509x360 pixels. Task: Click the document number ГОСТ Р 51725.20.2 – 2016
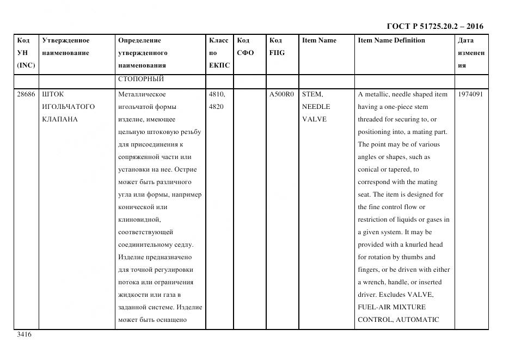[x=435, y=26]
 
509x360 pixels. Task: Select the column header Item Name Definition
[x=391, y=40]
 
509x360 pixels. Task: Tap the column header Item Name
[x=319, y=40]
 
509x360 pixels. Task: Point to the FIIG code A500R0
[x=281, y=94]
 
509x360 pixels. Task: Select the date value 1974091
[x=470, y=94]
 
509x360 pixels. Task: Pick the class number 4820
[x=217, y=107]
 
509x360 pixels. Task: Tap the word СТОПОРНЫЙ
[x=141, y=79]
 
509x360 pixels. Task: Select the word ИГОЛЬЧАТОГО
[x=68, y=107]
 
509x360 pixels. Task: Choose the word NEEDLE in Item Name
[x=316, y=107]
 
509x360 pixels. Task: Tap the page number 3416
[x=24, y=334]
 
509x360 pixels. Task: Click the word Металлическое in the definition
[x=142, y=94]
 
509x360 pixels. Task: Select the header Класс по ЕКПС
[x=219, y=53]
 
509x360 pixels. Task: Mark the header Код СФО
[x=246, y=47]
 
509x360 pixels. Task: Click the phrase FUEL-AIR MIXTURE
[x=391, y=307]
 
